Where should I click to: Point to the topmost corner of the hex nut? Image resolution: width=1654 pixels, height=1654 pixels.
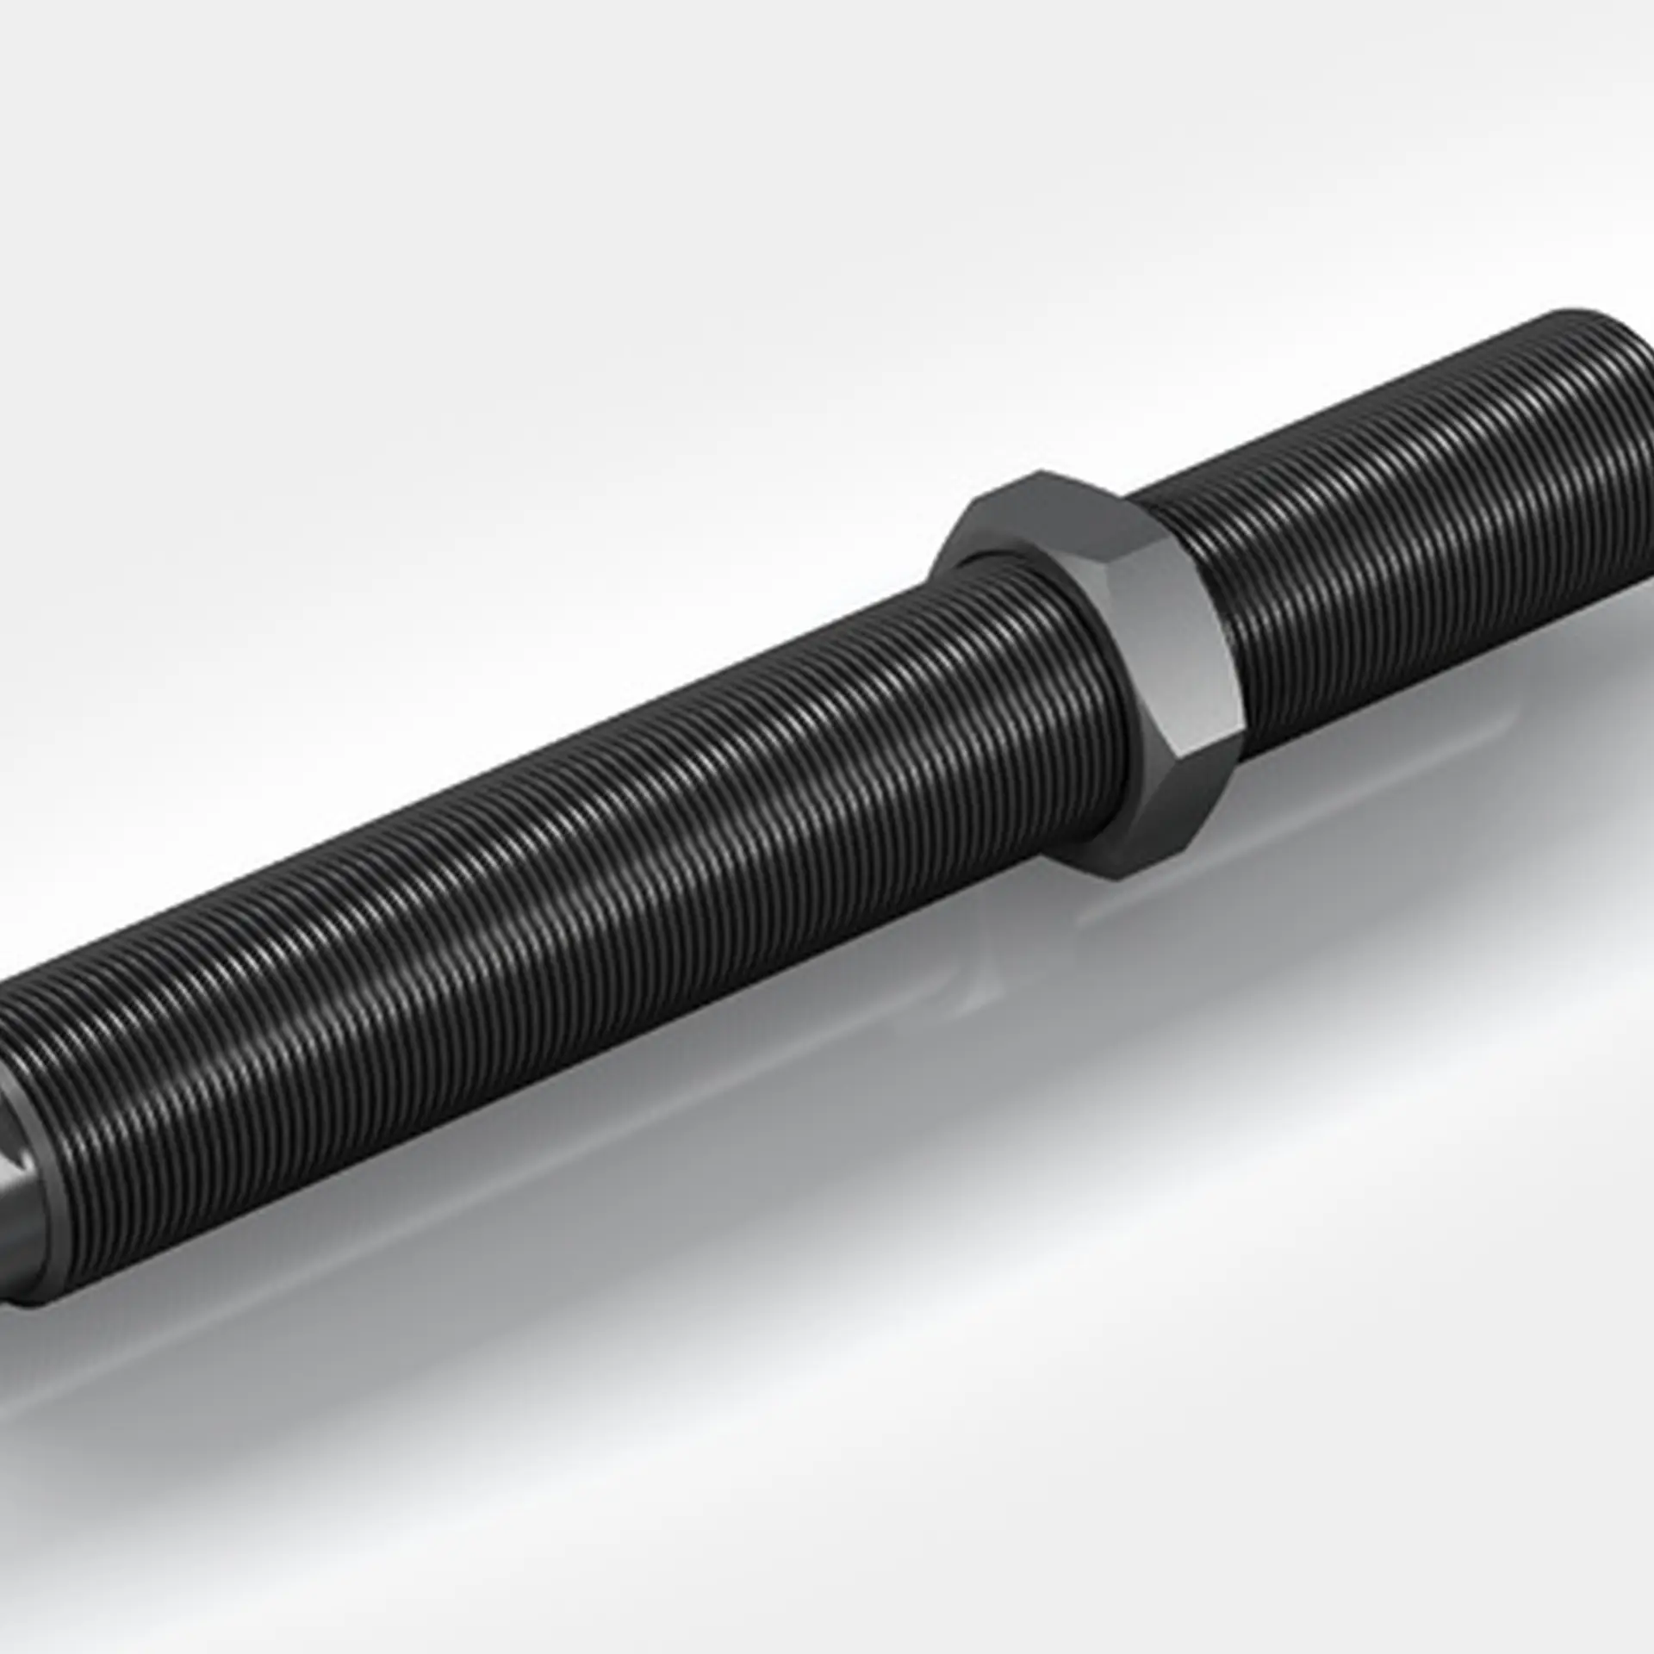1038,472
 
